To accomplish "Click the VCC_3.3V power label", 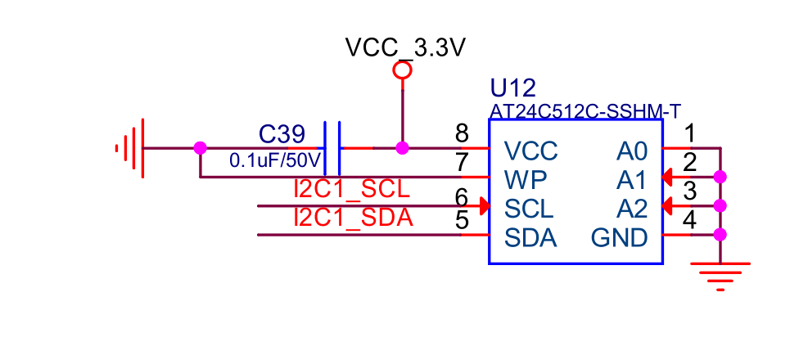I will [x=405, y=48].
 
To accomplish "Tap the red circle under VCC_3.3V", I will [x=402, y=70].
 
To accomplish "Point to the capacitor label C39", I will [x=282, y=134].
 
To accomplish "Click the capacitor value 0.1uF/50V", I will [x=273, y=160].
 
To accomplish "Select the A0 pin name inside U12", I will [x=632, y=151].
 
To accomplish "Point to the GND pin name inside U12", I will [x=619, y=238].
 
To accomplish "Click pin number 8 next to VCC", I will [x=462, y=133].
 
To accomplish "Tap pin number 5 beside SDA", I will [x=462, y=221].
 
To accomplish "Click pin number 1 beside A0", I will [x=689, y=133].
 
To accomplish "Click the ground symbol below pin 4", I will [x=720, y=275].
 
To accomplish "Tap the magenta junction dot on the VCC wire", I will [x=402, y=148].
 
